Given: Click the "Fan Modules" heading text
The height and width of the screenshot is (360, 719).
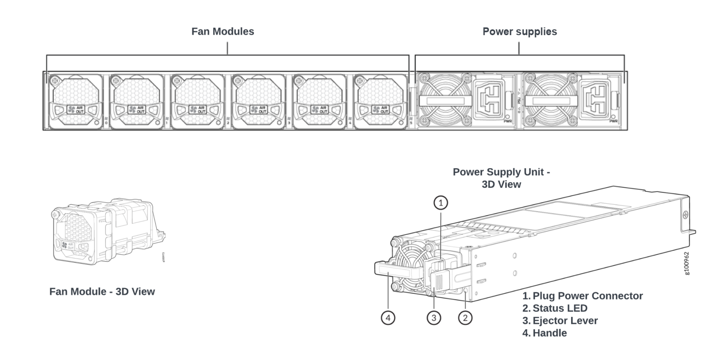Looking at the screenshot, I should tap(223, 32).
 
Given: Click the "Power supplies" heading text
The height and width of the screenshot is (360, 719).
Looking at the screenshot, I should tap(520, 32).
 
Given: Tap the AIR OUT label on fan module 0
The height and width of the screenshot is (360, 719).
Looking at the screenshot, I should tap(76, 110).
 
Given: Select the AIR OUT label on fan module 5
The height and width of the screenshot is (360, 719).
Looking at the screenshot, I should tap(381, 110).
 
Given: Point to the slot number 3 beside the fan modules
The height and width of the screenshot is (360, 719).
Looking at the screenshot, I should tap(289, 123).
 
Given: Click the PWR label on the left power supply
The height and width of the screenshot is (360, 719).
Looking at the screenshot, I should tap(508, 121).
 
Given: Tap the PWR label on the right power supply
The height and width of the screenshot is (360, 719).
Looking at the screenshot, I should tap(613, 121).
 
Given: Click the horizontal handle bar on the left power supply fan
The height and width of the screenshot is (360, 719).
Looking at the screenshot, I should tap(445, 101).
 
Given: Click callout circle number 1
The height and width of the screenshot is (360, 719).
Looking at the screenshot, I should tap(441, 203).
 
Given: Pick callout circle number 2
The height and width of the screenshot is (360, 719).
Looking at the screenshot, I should tap(465, 318).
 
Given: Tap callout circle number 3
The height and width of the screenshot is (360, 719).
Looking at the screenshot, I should tap(434, 318).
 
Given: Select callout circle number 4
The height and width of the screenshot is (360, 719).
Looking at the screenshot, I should tap(388, 318).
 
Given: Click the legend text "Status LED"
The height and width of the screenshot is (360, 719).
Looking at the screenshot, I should tap(560, 308).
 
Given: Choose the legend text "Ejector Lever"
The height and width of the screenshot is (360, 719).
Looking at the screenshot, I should tap(565, 321).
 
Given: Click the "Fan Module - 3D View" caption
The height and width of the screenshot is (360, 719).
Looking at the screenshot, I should tap(102, 292).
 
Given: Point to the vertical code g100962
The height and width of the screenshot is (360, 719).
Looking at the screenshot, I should tap(687, 263).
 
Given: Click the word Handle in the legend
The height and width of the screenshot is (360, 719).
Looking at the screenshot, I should tap(549, 333).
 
